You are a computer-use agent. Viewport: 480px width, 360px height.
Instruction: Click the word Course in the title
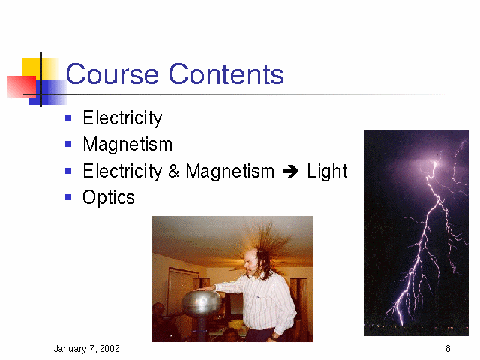(112, 73)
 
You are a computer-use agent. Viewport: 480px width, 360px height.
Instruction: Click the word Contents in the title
(226, 73)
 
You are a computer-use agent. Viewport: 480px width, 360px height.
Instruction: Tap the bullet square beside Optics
(68, 197)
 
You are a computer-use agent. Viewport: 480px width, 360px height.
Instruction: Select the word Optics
(109, 198)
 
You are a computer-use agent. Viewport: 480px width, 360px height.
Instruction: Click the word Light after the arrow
(327, 171)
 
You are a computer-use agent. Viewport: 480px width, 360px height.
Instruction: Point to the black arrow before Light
(290, 172)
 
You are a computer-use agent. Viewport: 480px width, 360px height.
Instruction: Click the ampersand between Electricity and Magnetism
(173, 171)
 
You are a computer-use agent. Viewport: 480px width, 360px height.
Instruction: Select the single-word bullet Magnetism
(127, 144)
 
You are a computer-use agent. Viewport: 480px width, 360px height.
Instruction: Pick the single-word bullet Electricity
(122, 118)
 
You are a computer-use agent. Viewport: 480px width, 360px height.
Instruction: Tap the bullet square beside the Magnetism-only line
(68, 144)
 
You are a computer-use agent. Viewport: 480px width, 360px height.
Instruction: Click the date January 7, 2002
(87, 348)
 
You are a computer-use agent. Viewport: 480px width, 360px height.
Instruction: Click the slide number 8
(448, 348)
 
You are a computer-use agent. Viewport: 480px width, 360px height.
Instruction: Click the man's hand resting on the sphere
(204, 288)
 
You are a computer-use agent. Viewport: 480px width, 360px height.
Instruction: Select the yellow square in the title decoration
(40, 68)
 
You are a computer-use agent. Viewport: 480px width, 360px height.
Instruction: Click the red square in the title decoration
(22, 87)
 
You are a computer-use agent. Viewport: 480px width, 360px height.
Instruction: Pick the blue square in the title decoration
(48, 92)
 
